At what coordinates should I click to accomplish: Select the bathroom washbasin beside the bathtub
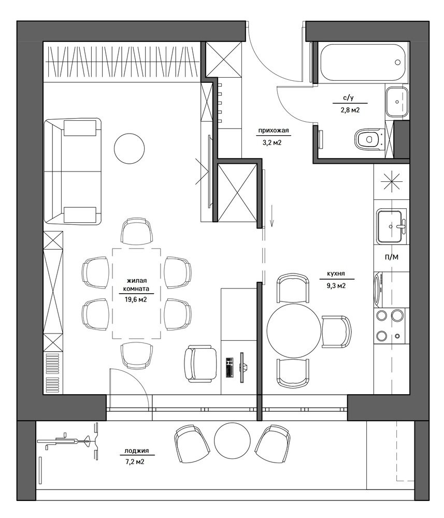click(x=397, y=102)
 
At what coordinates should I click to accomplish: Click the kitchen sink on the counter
click(x=392, y=226)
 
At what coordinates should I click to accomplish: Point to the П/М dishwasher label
click(x=392, y=257)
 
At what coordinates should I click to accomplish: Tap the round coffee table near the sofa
click(x=129, y=148)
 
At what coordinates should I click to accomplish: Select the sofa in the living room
click(x=73, y=171)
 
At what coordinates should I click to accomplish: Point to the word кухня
click(x=336, y=274)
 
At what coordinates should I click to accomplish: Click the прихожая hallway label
click(x=273, y=131)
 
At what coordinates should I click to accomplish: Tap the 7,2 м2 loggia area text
click(x=135, y=462)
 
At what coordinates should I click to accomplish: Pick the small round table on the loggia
click(x=232, y=440)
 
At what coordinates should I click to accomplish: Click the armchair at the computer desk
click(x=200, y=364)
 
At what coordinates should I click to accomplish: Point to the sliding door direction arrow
click(x=271, y=215)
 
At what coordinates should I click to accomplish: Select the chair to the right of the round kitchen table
click(x=336, y=332)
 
